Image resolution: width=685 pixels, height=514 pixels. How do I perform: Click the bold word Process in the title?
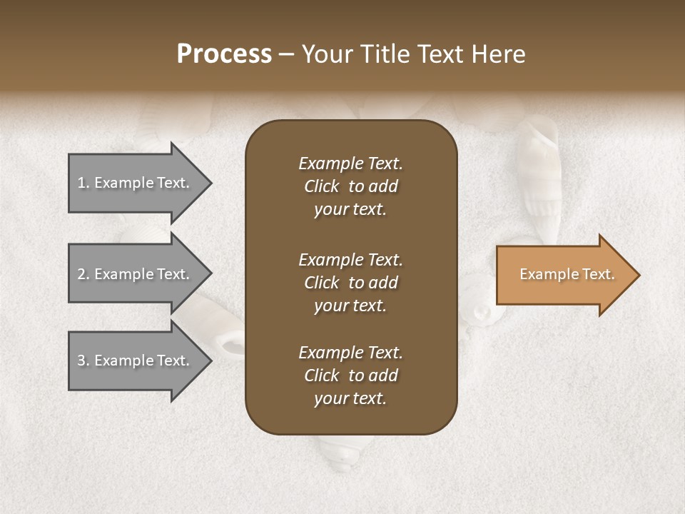click(224, 54)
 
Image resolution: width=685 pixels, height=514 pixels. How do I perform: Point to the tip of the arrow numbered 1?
click(210, 183)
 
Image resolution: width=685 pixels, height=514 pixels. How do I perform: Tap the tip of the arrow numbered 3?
click(210, 361)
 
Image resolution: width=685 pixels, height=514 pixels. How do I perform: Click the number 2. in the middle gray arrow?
click(83, 274)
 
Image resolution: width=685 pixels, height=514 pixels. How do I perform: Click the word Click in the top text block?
click(322, 186)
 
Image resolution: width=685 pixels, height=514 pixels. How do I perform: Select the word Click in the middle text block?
click(322, 283)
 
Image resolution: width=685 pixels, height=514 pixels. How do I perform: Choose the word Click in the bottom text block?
click(322, 376)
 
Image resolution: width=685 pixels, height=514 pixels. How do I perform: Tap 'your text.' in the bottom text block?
click(350, 398)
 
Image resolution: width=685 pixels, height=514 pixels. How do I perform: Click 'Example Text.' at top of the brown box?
click(350, 163)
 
